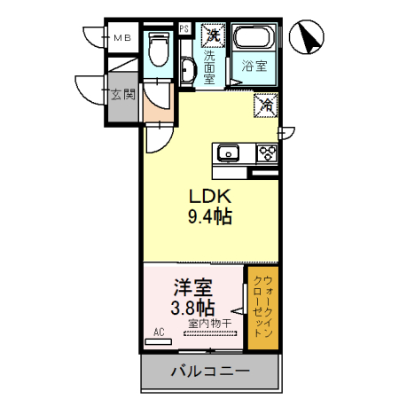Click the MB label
pos(121,37)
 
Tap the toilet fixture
pos(158,49)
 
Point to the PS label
pos(184,28)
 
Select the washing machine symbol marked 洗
pos(212,36)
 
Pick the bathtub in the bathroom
pos(255,40)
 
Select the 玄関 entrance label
pos(122,93)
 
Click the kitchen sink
pos(230,153)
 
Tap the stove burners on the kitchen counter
pos(266,153)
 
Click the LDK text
pos(209,197)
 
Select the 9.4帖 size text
pos(209,217)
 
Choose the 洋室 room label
pos(191,288)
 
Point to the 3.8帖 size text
pos(191,308)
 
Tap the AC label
pos(160,332)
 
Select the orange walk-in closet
pos(262,307)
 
